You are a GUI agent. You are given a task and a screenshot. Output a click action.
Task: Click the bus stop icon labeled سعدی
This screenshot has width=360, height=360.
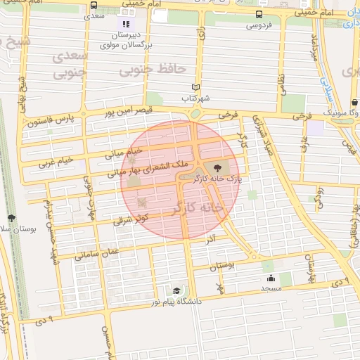[94, 5]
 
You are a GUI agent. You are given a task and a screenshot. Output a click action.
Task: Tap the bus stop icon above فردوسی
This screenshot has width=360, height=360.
[260, 14]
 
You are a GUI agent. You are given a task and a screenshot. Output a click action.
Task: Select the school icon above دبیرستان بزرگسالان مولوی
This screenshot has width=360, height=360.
[126, 24]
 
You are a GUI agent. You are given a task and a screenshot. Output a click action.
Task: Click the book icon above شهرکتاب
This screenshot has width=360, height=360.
[195, 89]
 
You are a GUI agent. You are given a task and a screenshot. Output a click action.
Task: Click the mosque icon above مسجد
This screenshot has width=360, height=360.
[271, 278]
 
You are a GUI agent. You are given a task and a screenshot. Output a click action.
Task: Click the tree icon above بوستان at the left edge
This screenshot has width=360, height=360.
[11, 218]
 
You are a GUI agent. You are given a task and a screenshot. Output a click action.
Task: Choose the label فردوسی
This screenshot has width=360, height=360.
[259, 26]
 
